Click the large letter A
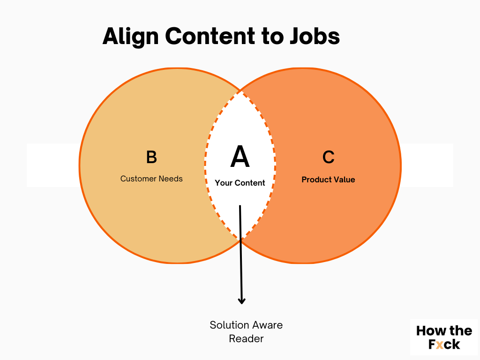coord(240,157)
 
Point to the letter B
coord(151,157)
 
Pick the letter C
coord(328,157)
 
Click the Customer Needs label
coord(151,179)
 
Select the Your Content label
coord(240,183)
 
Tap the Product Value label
coord(328,180)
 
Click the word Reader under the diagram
coord(246,338)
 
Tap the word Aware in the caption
coord(266,325)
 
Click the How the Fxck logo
coord(444,337)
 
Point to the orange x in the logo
coord(439,345)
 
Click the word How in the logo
coord(428,331)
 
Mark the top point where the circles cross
coord(240,90)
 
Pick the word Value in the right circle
coord(345,180)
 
